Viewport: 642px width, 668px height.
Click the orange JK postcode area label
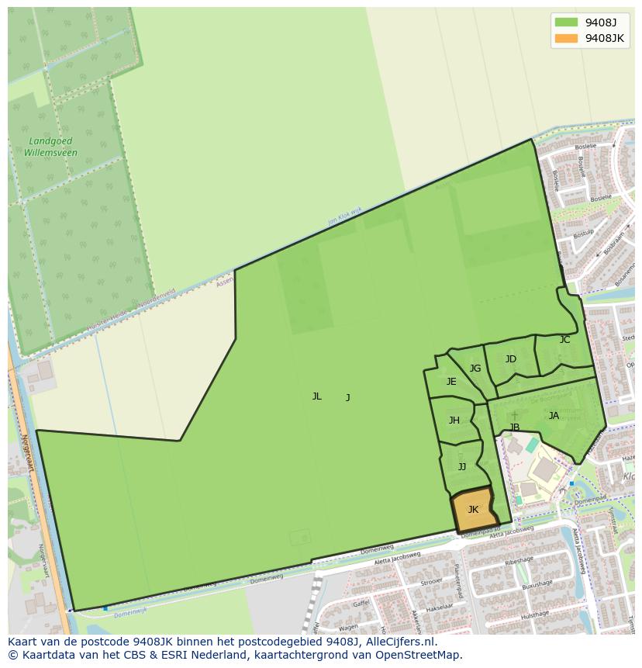pos(473,510)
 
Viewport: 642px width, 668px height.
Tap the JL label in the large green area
pos(316,396)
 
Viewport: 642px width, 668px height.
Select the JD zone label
pos(510,359)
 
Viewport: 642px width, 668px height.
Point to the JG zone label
pos(475,369)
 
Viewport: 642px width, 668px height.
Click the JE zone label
pos(451,382)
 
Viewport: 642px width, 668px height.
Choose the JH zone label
pos(454,421)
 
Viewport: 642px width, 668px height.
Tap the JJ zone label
pos(462,467)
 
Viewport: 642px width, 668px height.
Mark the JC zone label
pos(564,340)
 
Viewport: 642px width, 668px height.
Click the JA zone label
pos(554,416)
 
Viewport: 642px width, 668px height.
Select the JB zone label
pos(514,427)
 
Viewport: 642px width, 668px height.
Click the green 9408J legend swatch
pos(566,22)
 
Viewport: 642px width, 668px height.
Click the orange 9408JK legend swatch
pos(566,38)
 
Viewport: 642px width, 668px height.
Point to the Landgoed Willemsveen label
pos(50,147)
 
